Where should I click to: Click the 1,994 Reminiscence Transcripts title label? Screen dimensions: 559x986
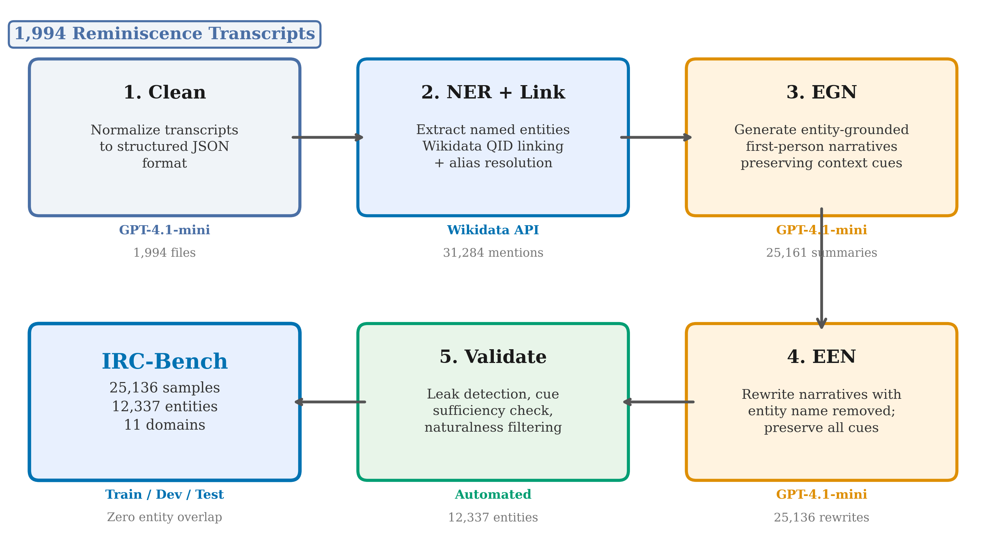coord(164,34)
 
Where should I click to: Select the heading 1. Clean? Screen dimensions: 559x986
coord(164,92)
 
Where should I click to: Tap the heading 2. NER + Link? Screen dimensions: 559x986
coord(492,92)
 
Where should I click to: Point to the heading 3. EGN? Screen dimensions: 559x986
coord(821,92)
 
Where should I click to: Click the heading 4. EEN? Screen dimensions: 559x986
coord(821,357)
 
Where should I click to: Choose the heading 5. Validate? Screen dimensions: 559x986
coord(492,357)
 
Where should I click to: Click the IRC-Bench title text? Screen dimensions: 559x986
coord(164,362)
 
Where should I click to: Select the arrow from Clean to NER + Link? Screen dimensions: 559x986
coord(328,137)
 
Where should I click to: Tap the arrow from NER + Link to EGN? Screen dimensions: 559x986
coord(656,137)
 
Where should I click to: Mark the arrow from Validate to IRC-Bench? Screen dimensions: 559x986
coord(330,402)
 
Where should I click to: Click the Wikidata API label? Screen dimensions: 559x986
coord(492,230)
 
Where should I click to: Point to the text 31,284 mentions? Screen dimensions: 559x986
coord(492,253)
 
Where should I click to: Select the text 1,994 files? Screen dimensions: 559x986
coord(164,253)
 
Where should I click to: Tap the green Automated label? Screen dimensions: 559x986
coord(492,495)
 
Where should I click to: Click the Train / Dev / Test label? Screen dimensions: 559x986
coord(164,495)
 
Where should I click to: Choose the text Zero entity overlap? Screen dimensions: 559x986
coord(164,517)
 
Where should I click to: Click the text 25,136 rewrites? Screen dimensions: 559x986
coord(821,517)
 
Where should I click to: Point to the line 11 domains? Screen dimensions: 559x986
coord(164,425)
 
